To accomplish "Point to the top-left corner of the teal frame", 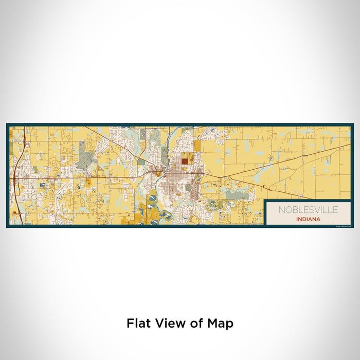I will click(7, 124).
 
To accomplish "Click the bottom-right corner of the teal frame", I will click(353, 227).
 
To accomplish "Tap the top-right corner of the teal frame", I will click(353, 124).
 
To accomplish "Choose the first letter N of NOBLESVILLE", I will click(281, 210).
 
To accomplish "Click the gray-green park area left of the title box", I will click(237, 195).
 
